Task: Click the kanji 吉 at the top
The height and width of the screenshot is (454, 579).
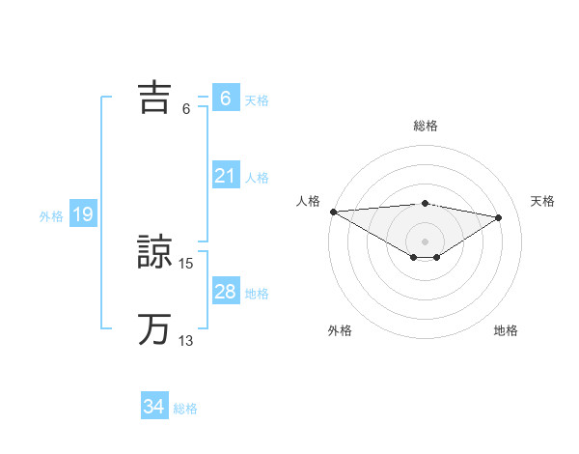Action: (x=155, y=98)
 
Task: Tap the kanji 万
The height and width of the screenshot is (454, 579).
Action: (x=155, y=329)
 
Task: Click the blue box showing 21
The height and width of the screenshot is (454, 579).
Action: (x=225, y=176)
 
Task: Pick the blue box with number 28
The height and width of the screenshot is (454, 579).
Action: (x=225, y=292)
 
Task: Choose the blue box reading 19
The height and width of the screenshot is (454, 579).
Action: (x=82, y=214)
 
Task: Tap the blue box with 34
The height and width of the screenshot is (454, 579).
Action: (x=153, y=407)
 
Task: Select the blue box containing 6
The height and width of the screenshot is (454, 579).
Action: (x=225, y=99)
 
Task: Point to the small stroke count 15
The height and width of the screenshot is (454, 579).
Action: (x=186, y=263)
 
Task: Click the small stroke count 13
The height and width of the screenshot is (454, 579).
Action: (x=186, y=340)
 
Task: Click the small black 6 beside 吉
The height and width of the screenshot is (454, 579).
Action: (x=185, y=108)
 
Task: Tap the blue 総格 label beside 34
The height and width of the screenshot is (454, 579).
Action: (x=185, y=409)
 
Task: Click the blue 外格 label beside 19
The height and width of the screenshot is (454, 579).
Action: (x=51, y=216)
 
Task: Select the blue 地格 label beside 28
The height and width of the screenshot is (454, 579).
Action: (x=257, y=294)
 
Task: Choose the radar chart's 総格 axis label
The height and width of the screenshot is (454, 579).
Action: (x=426, y=126)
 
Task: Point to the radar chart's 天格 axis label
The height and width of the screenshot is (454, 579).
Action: (x=543, y=201)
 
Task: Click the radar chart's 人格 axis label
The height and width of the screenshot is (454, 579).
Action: (x=308, y=201)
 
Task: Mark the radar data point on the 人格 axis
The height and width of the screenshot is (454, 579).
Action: (x=333, y=212)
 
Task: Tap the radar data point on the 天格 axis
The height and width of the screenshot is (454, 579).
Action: (x=499, y=217)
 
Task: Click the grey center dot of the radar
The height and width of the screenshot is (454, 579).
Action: (x=425, y=241)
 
